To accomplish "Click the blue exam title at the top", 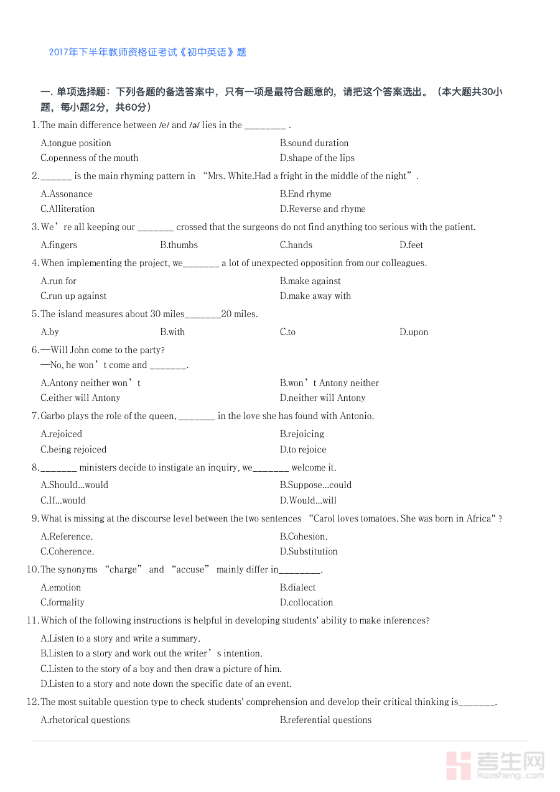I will pyautogui.click(x=147, y=52).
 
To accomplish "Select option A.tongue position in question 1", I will pyautogui.click(x=76, y=143).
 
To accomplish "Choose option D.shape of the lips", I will pyautogui.click(x=317, y=158).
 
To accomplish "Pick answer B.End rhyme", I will pyautogui.click(x=306, y=194).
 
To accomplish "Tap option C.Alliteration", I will pyautogui.click(x=68, y=209).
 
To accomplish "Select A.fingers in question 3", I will pyautogui.click(x=59, y=245).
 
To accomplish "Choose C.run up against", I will pyautogui.click(x=73, y=296).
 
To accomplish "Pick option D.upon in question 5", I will pyautogui.click(x=414, y=332).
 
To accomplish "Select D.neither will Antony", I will pyautogui.click(x=322, y=398).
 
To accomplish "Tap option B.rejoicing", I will pyautogui.click(x=302, y=434).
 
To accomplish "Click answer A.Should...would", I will pyautogui.click(x=74, y=485).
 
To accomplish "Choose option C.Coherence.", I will pyautogui.click(x=67, y=551).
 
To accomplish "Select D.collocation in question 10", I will pyautogui.click(x=306, y=602).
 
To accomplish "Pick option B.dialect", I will pyautogui.click(x=297, y=587).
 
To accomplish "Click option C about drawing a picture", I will pyautogui.click(x=161, y=669).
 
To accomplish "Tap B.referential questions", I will pyautogui.click(x=325, y=720).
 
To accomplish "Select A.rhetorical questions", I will pyautogui.click(x=85, y=720).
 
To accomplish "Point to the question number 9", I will pyautogui.click(x=35, y=518).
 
